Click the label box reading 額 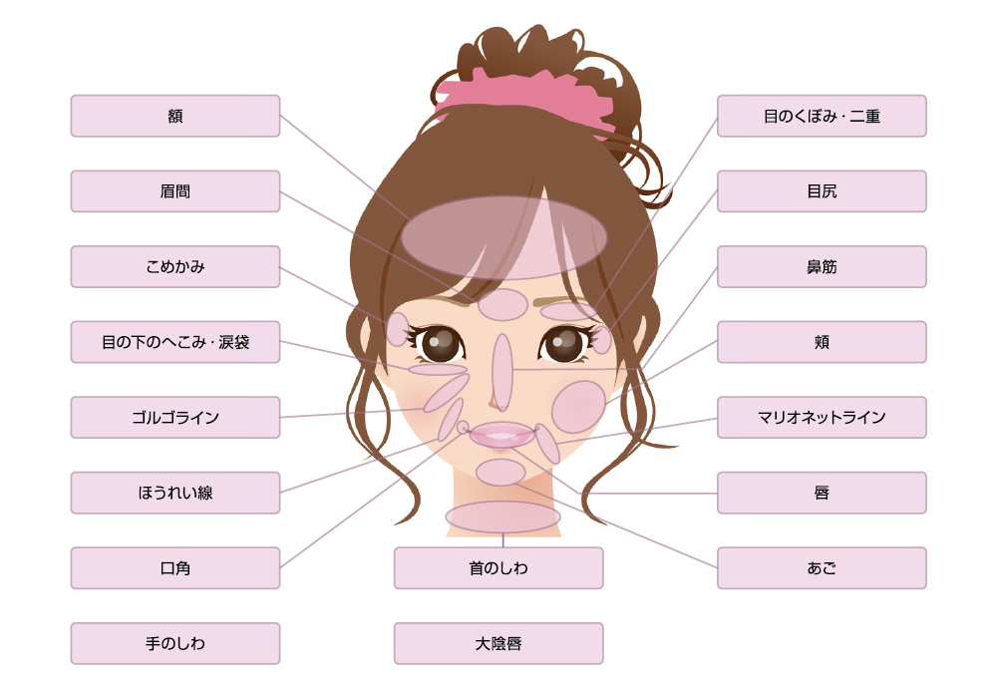[175, 116]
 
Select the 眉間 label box [175, 191]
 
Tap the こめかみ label [175, 266]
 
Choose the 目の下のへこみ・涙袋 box [175, 342]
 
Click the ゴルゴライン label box [175, 417]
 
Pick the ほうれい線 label [175, 493]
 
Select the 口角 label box [175, 567]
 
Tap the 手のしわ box [175, 643]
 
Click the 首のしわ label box [498, 567]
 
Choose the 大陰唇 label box [498, 643]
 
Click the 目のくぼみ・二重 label [823, 116]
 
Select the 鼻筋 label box [823, 266]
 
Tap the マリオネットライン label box [823, 417]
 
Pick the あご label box [823, 567]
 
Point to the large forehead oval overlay [504, 238]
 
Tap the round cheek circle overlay [578, 407]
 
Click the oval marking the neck [502, 516]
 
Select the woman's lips [502, 435]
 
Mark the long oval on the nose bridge [502, 372]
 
